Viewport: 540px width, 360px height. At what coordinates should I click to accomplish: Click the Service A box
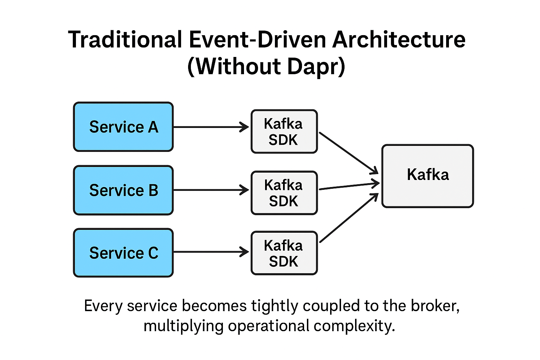[x=123, y=127]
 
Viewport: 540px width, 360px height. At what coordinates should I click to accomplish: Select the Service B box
[x=123, y=190]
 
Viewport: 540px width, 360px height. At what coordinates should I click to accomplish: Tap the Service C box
[x=123, y=253]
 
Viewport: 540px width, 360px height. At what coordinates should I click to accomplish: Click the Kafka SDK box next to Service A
[x=284, y=131]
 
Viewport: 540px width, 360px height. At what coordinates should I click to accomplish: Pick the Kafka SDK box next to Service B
[x=284, y=193]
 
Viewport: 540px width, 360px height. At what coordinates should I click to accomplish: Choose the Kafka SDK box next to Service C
[x=284, y=253]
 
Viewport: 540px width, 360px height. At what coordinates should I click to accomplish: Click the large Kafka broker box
[x=427, y=176]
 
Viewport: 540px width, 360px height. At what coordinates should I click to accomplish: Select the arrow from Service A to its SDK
[x=211, y=127]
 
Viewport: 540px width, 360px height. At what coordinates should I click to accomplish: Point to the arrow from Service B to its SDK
[x=211, y=190]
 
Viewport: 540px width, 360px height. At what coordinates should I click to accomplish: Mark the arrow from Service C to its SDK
[x=211, y=252]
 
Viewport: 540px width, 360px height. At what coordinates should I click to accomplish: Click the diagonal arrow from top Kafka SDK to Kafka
[x=348, y=153]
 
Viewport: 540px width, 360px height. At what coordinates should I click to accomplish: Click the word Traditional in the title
[x=125, y=39]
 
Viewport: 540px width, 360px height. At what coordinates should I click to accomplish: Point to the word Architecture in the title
[x=399, y=39]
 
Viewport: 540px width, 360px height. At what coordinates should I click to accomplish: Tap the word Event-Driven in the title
[x=258, y=39]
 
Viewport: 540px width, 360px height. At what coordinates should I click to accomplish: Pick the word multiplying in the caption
[x=183, y=326]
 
